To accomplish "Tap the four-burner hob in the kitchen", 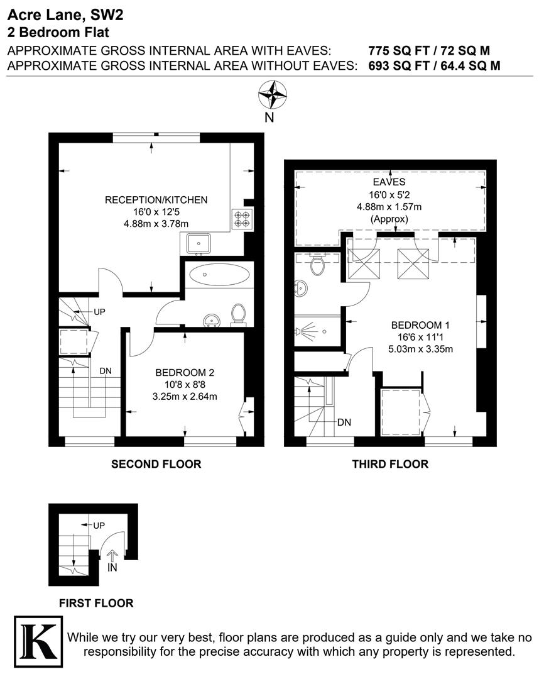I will click(241, 218).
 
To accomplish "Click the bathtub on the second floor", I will click(218, 274).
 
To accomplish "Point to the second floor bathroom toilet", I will click(238, 314).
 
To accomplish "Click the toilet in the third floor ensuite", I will click(317, 265).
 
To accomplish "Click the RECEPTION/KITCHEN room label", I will click(156, 201).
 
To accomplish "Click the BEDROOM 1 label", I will click(421, 325).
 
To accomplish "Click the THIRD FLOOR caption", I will click(390, 465).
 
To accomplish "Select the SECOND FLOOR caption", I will click(156, 465).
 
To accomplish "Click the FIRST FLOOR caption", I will click(96, 604).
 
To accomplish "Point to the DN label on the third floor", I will click(344, 422).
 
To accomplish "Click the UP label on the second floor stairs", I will click(99, 312).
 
